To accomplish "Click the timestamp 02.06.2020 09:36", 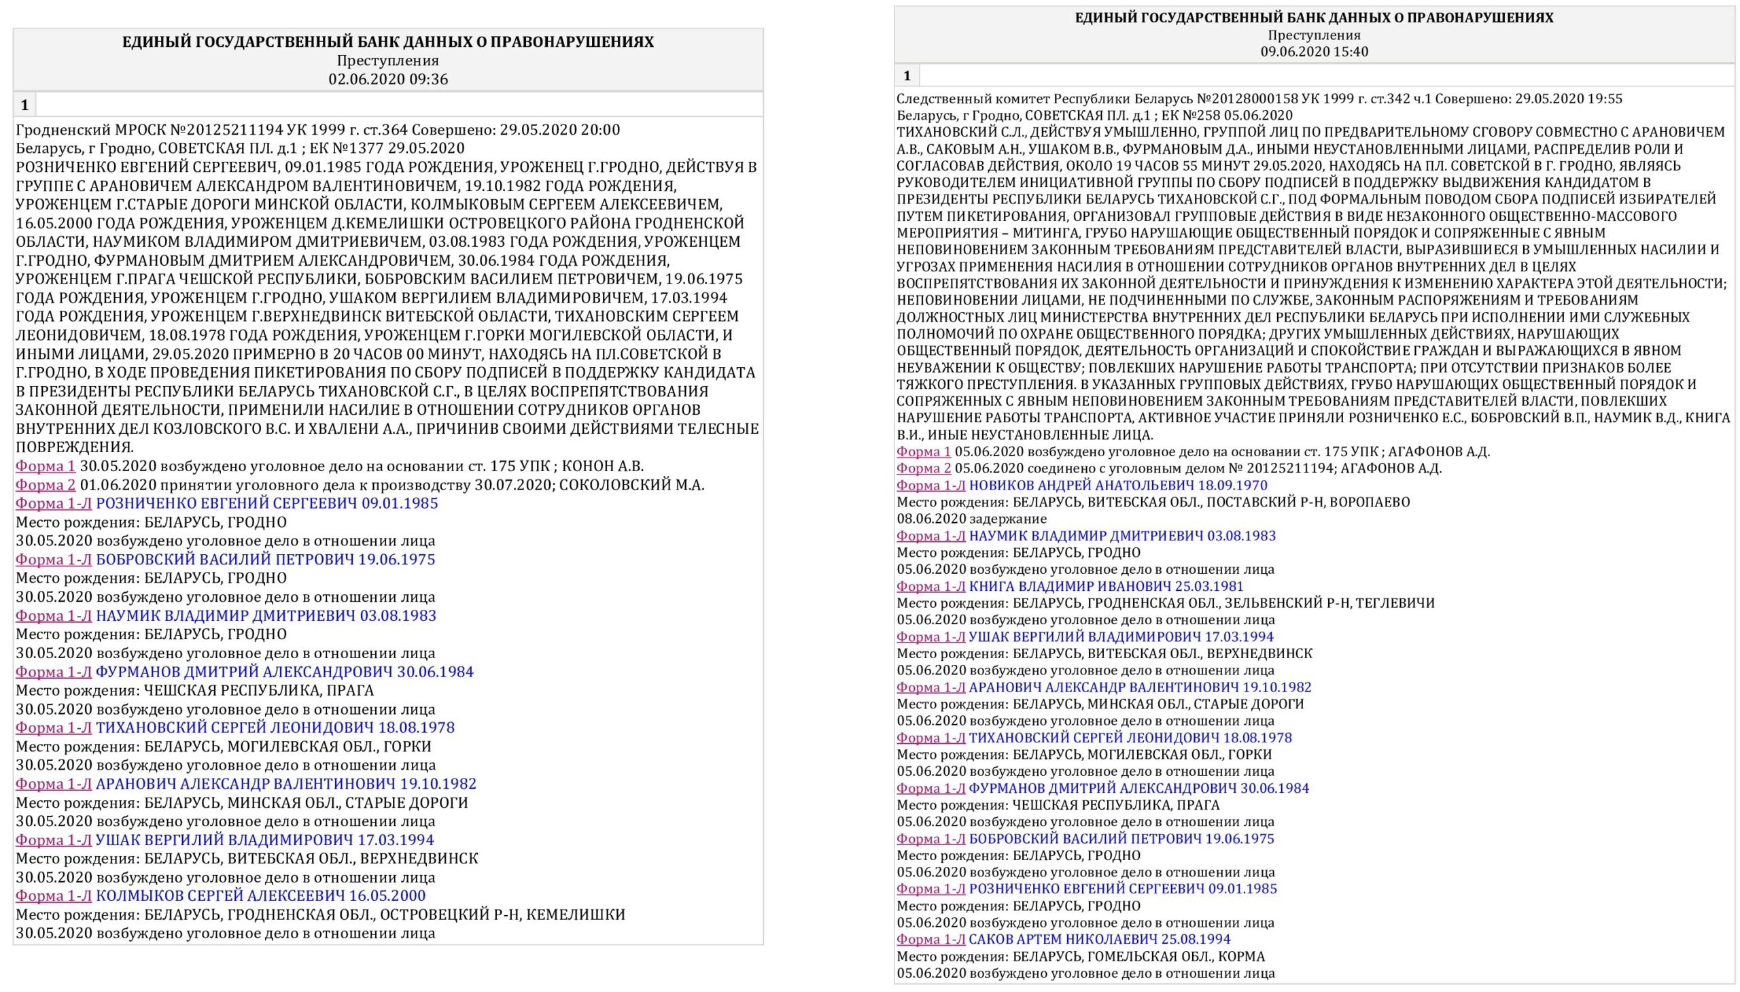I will coord(388,79).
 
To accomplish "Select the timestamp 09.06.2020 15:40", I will coord(1314,52).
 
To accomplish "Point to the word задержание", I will coord(1009,519).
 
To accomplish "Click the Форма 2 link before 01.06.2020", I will coord(46,485).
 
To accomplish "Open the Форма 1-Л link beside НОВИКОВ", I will coord(930,485).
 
